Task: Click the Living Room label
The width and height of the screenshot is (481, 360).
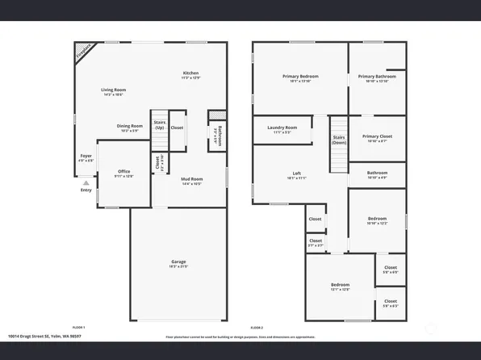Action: [113, 90]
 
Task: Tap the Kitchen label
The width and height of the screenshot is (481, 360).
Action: [190, 73]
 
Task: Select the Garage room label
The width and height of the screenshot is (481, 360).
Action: [178, 263]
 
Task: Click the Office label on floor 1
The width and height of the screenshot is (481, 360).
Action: [124, 171]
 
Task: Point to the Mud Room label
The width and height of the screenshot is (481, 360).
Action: [191, 179]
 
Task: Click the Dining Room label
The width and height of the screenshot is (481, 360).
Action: [130, 125]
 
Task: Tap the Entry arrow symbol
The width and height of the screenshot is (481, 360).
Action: [86, 184]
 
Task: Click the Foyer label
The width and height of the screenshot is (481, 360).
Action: [86, 156]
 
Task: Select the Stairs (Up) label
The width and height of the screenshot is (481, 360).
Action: [159, 127]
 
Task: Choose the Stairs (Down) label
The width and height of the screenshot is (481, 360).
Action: [339, 139]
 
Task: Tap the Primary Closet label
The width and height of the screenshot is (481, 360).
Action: [377, 136]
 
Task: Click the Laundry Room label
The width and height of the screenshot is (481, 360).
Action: [282, 127]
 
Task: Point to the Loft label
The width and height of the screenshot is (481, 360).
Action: [297, 174]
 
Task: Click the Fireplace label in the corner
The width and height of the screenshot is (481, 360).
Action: [83, 53]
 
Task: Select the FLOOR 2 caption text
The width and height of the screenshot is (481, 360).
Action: [257, 327]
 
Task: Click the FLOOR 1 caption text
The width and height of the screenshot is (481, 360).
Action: [78, 327]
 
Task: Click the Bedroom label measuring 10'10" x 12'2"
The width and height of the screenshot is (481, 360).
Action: [377, 218]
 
